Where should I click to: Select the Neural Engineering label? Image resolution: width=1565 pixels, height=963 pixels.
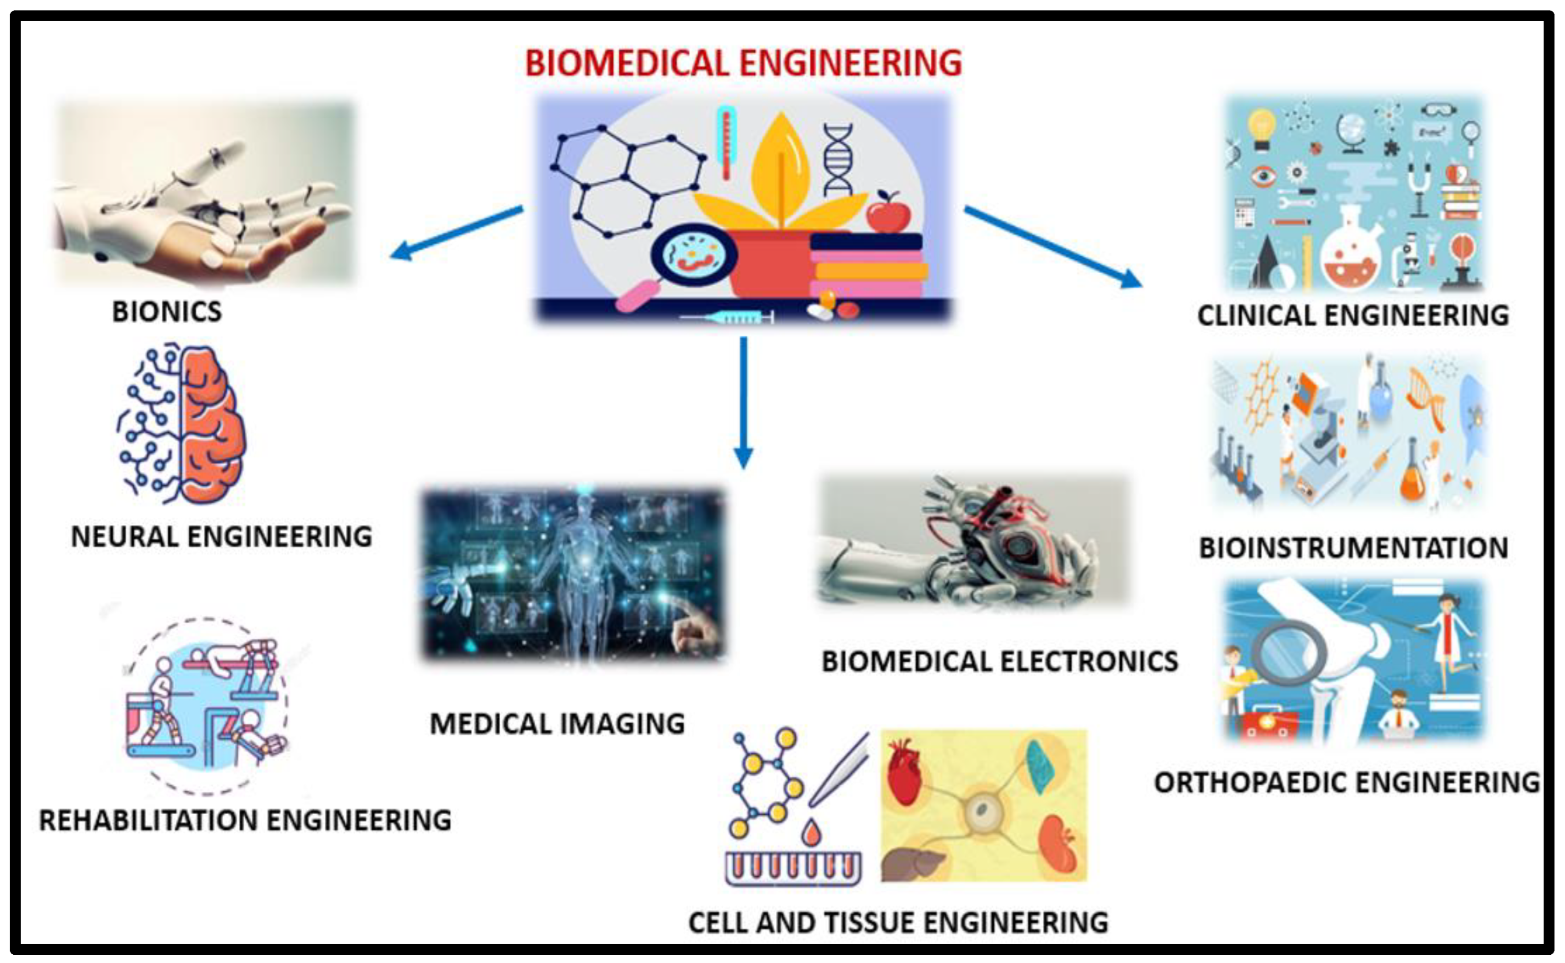click(221, 536)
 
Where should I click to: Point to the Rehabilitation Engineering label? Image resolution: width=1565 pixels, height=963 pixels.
click(245, 820)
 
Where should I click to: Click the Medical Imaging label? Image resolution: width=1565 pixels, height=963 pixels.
click(557, 724)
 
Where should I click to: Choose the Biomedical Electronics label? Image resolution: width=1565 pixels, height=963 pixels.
click(1000, 661)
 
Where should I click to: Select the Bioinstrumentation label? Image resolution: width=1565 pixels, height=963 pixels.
click(1354, 548)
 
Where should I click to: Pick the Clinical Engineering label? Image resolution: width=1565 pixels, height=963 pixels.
click(1353, 315)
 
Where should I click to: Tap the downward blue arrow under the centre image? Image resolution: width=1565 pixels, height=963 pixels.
click(743, 401)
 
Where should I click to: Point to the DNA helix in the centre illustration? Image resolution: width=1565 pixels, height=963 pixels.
click(837, 159)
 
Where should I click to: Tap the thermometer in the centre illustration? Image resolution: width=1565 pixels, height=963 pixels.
click(725, 143)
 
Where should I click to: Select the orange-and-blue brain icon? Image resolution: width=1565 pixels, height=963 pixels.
click(181, 423)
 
